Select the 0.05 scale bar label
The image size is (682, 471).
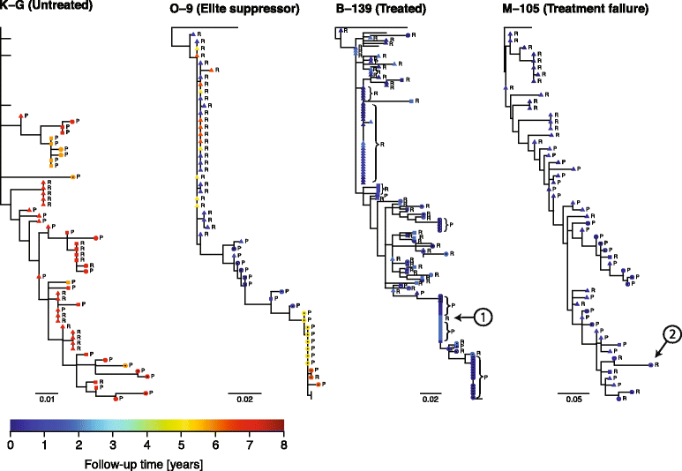pos(573,400)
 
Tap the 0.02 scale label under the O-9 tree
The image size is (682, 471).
pos(240,400)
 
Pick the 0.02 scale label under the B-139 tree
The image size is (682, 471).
pos(431,400)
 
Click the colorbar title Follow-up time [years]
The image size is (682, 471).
pos(146,462)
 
